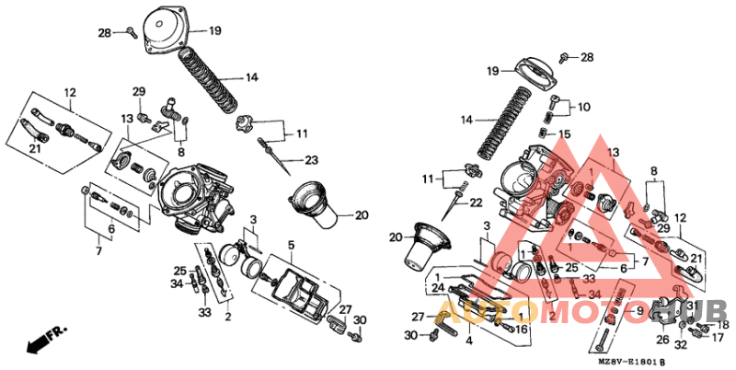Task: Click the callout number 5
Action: pyautogui.click(x=290, y=246)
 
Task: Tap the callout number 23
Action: pyautogui.click(x=311, y=159)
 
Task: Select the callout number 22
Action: pyautogui.click(x=477, y=202)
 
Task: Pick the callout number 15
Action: pyautogui.click(x=565, y=134)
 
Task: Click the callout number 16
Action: pyautogui.click(x=521, y=329)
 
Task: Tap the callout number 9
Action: pyautogui.click(x=639, y=311)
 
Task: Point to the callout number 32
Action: pyautogui.click(x=681, y=346)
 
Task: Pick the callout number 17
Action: pyautogui.click(x=719, y=338)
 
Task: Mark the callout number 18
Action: pyautogui.click(x=722, y=325)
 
